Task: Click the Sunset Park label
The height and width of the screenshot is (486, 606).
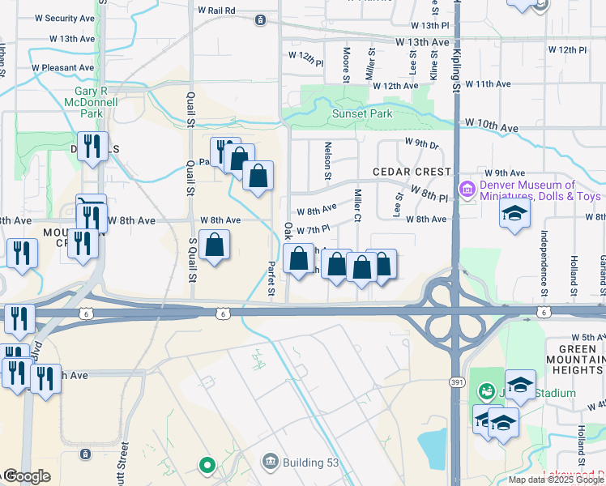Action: click(362, 114)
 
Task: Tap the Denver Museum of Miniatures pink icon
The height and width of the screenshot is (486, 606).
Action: click(467, 190)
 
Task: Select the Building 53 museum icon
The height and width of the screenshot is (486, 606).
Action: click(269, 463)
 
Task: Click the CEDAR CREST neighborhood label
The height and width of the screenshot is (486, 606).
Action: click(411, 172)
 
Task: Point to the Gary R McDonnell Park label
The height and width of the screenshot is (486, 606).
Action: click(90, 103)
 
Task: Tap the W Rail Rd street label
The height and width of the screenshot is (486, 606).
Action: click(216, 11)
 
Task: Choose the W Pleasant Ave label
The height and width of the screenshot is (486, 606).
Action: click(62, 68)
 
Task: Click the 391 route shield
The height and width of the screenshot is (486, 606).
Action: click(456, 381)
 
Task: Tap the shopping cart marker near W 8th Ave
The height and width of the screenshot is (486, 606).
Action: click(91, 203)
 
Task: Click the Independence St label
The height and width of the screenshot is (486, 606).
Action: click(547, 252)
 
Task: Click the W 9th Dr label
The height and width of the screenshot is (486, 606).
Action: click(421, 145)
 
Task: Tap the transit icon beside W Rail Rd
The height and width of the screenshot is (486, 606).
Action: click(259, 20)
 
